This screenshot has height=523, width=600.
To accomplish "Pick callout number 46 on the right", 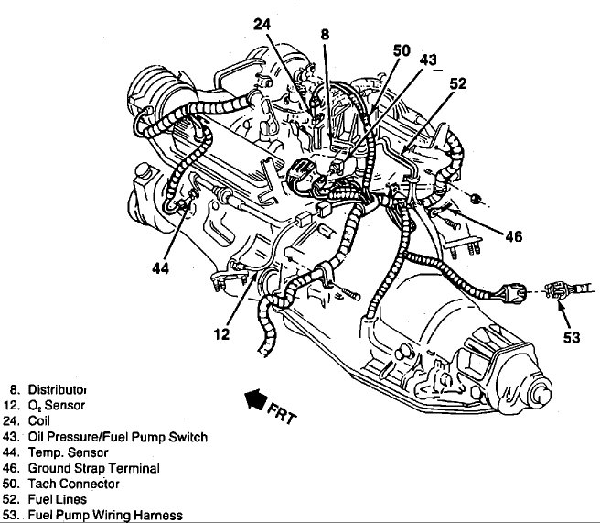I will (x=512, y=236).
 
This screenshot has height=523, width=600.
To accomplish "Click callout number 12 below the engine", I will (x=222, y=335).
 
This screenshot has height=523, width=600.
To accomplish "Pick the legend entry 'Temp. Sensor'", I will (x=69, y=452).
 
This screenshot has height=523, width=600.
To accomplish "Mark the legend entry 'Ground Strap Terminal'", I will (x=94, y=468).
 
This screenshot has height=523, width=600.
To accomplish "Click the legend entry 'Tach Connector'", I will (x=73, y=484).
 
